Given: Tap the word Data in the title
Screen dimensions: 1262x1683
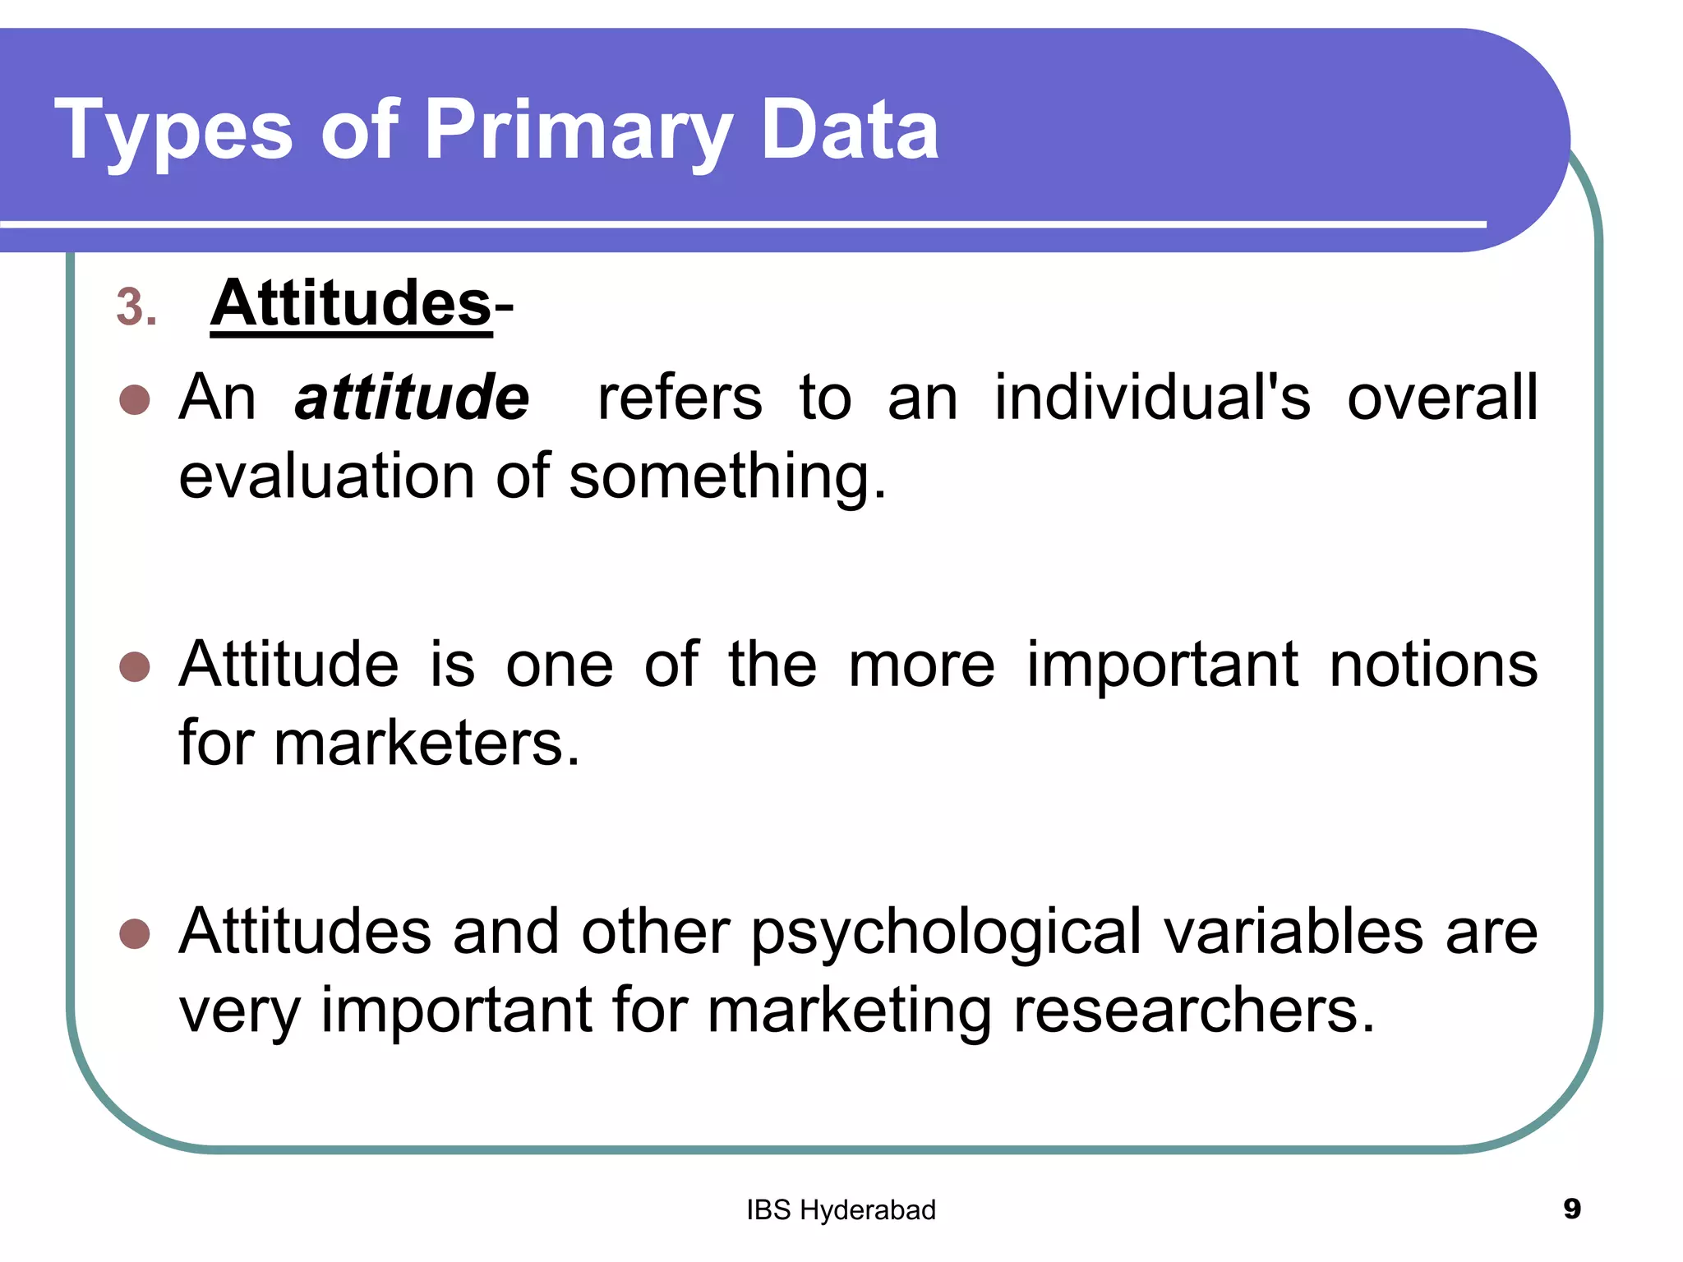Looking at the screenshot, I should (x=850, y=130).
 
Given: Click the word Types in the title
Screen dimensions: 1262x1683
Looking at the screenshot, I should (x=173, y=130).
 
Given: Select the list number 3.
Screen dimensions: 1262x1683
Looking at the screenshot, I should (x=136, y=307).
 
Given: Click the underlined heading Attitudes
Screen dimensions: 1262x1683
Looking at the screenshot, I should (x=351, y=303).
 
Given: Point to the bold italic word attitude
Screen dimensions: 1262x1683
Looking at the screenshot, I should (x=412, y=398).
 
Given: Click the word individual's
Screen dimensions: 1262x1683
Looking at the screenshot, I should (x=1152, y=398).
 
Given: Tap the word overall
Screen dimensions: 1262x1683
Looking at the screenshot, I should (x=1442, y=398).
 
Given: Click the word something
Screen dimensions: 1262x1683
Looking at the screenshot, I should (x=727, y=478).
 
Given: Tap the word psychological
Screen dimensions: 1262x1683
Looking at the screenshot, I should (x=946, y=933).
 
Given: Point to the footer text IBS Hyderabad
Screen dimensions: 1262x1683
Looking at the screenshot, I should (x=841, y=1210).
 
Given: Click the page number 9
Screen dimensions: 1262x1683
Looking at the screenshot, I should (x=1572, y=1209).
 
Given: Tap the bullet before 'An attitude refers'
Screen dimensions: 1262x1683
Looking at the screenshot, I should (x=134, y=400).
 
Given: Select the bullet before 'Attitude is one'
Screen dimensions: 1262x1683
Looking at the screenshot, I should (x=134, y=667).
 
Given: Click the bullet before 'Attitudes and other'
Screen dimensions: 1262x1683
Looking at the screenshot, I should (x=134, y=933).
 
